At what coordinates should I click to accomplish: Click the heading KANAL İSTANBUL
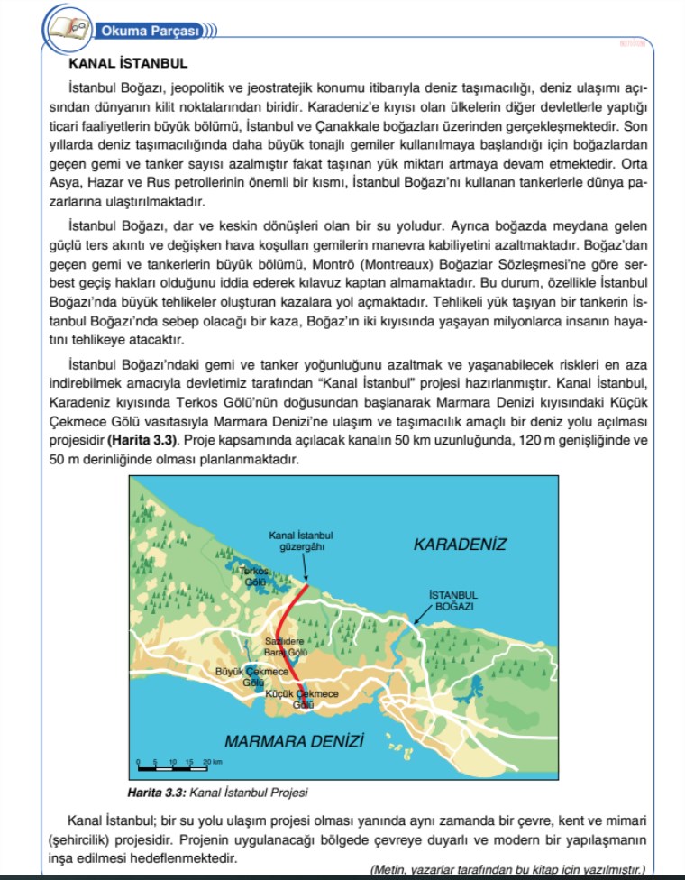click(127, 64)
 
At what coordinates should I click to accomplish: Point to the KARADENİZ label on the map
click(460, 544)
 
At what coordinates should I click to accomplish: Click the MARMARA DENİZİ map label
click(294, 741)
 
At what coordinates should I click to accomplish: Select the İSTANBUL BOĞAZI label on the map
click(453, 600)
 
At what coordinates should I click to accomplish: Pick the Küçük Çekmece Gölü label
click(303, 699)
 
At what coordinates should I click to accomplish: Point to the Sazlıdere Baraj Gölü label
click(287, 646)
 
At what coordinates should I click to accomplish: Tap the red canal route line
click(287, 622)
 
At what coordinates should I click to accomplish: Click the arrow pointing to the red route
click(305, 568)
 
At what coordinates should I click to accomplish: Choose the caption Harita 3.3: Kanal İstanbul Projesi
click(218, 793)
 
